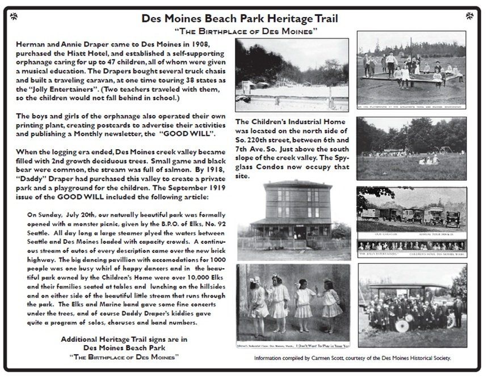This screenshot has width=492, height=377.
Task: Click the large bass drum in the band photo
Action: point(402,325)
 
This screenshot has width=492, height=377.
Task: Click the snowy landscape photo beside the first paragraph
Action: point(292,75)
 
